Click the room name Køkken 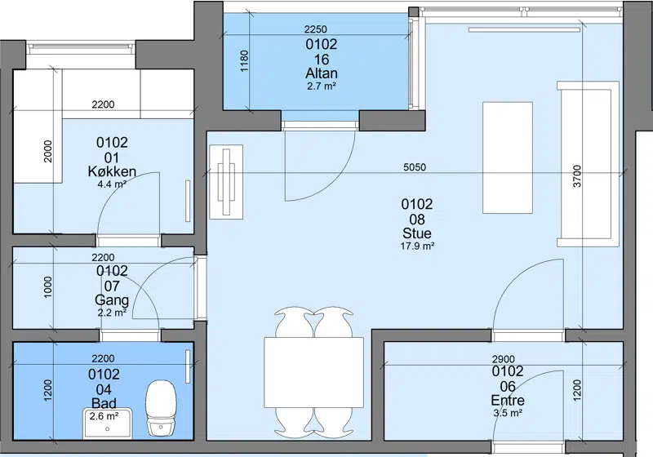click(112, 171)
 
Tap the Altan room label click(322, 73)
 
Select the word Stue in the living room click(417, 233)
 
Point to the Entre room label click(508, 401)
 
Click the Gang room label click(112, 299)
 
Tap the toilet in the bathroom click(161, 408)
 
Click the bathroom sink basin click(108, 424)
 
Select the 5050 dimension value click(415, 167)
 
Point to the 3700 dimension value click(577, 176)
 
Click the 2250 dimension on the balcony click(316, 29)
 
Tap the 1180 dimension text click(244, 61)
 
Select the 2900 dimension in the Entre click(503, 359)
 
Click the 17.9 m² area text click(417, 246)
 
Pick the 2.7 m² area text click(322, 87)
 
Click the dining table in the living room click(313, 372)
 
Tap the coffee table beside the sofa click(508, 158)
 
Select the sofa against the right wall click(588, 164)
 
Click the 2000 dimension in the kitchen click(48, 152)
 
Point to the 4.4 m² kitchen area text click(112, 184)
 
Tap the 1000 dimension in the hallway click(48, 287)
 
